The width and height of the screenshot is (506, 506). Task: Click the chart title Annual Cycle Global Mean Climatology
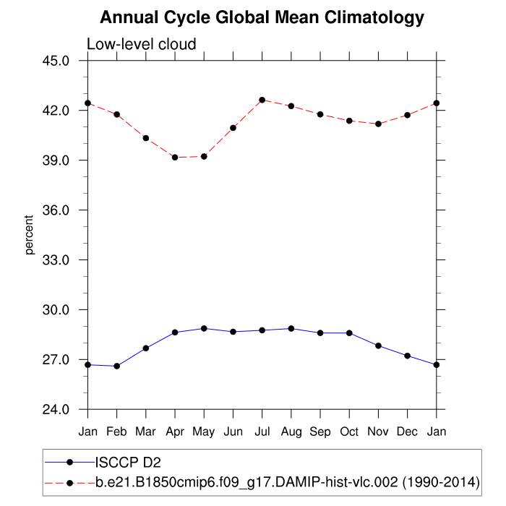click(262, 17)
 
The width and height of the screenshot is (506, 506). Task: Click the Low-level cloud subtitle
click(141, 45)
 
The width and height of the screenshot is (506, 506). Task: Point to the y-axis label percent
click(30, 235)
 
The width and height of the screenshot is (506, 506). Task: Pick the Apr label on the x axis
click(175, 431)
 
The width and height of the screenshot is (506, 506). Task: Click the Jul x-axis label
click(262, 431)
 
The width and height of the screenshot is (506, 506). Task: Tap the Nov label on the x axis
click(378, 431)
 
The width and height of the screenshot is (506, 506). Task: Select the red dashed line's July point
click(262, 100)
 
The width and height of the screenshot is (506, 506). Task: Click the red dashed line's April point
click(175, 157)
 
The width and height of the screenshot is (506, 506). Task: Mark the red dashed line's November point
click(378, 124)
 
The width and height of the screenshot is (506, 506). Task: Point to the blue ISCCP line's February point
click(116, 366)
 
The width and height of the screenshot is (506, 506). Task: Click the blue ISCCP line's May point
click(204, 328)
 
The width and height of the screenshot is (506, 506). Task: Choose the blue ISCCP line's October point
click(349, 333)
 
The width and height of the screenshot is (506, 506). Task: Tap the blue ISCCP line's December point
click(407, 356)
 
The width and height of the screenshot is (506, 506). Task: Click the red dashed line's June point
click(233, 128)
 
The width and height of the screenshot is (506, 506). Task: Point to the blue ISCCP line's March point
click(146, 348)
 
